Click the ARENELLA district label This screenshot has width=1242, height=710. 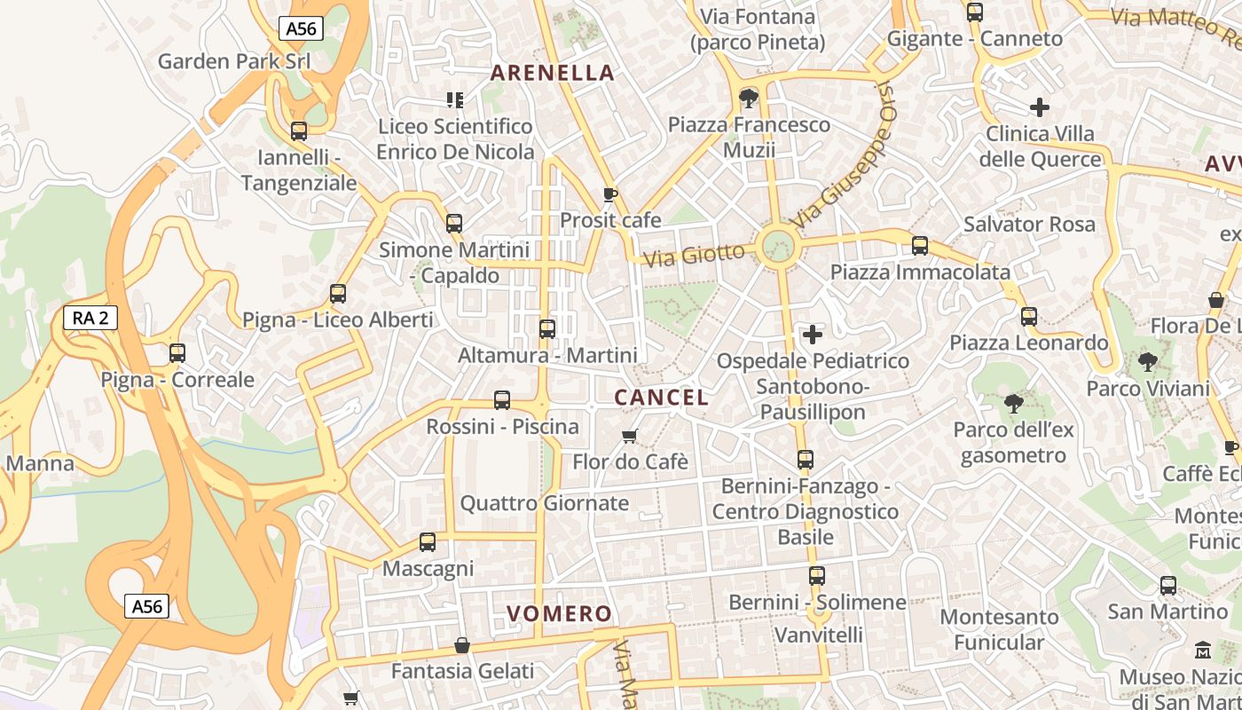[x=552, y=73]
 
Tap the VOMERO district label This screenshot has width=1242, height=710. [x=559, y=613]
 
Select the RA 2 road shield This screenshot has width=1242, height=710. [x=90, y=318]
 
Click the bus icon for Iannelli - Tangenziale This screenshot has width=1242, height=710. [x=299, y=131]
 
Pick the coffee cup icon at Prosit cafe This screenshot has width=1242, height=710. [x=609, y=194]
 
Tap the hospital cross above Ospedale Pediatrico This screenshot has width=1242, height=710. [x=812, y=335]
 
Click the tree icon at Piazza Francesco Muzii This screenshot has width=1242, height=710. [x=749, y=98]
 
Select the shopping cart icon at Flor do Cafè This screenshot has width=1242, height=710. [x=630, y=436]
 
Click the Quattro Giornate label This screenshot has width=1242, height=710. [x=544, y=503]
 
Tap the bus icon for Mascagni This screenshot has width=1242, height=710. [x=428, y=541]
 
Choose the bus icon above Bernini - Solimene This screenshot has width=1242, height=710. [x=817, y=576]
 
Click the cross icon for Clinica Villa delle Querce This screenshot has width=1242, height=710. [x=1040, y=108]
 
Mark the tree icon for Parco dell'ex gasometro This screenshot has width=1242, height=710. [x=1013, y=405]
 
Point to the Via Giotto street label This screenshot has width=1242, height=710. [x=694, y=256]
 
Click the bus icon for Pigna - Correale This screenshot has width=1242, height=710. [x=177, y=353]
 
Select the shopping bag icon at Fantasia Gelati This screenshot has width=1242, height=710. [x=462, y=645]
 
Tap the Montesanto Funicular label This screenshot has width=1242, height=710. [x=999, y=628]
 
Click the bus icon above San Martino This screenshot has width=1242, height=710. [x=1168, y=586]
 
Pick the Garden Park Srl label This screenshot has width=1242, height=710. [x=234, y=61]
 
